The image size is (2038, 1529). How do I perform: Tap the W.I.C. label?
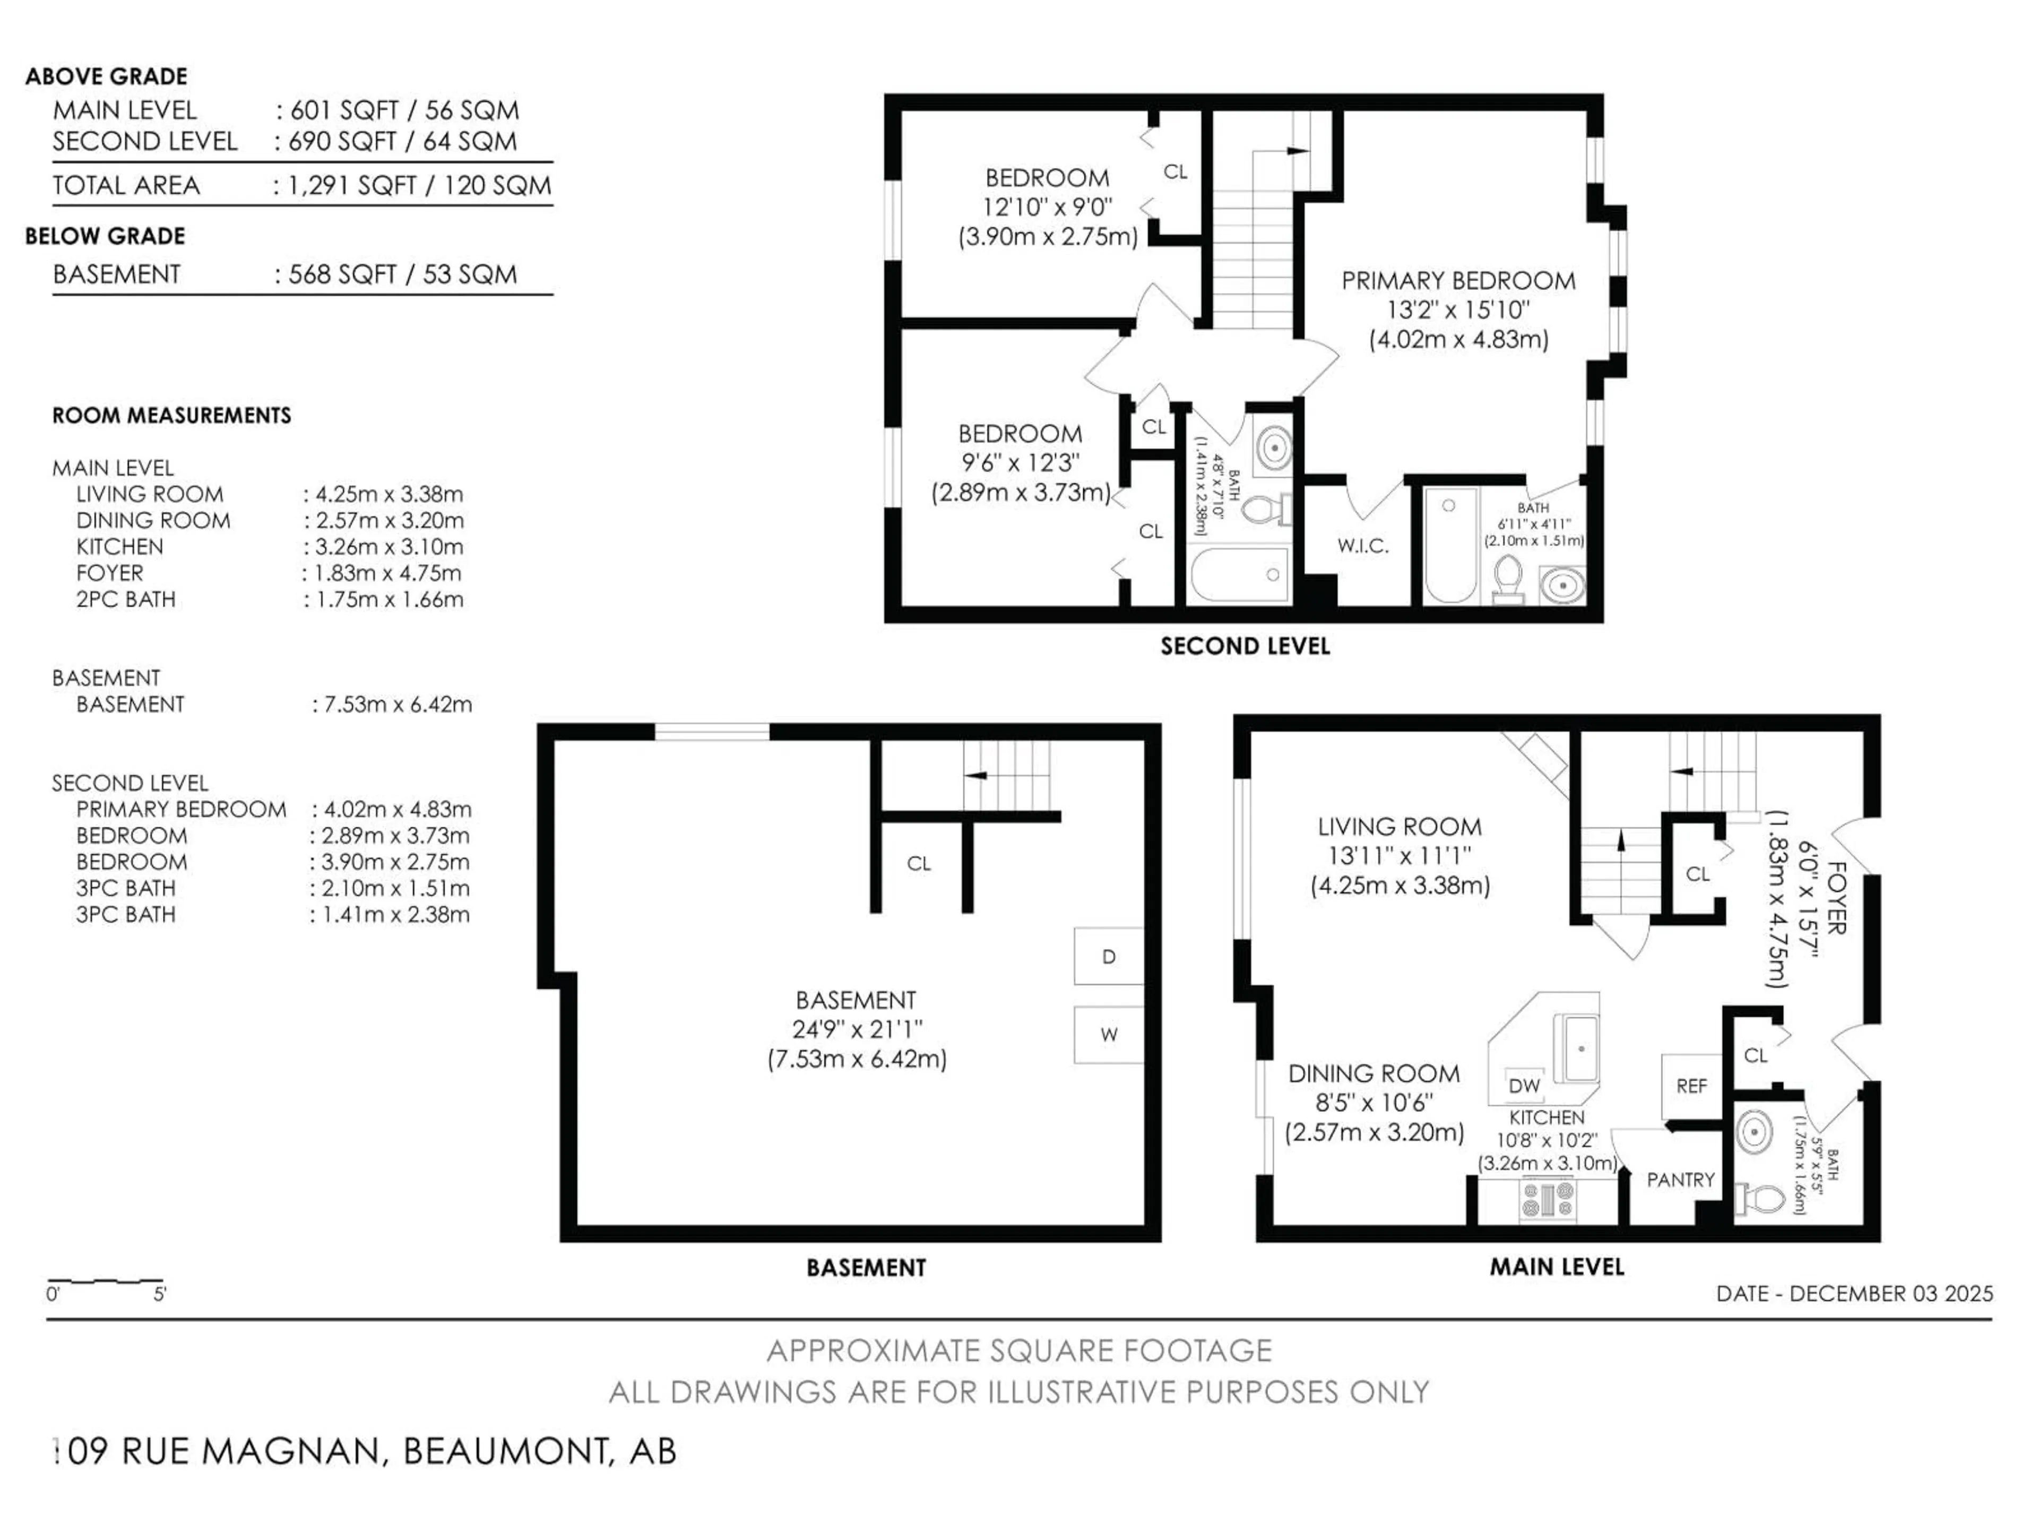[1363, 546]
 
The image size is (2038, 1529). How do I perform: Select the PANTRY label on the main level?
[1680, 1180]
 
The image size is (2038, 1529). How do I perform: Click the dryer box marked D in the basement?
[1108, 957]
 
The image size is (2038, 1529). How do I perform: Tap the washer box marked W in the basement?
[1108, 1034]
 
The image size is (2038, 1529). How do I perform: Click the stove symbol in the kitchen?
[1548, 1200]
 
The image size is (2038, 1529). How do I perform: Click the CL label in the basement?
[919, 864]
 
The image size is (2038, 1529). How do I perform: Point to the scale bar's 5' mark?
[159, 1294]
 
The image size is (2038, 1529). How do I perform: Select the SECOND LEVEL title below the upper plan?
[1245, 646]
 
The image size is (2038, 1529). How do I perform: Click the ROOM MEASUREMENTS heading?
[171, 416]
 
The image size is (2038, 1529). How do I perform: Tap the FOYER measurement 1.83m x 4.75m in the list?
[387, 573]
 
